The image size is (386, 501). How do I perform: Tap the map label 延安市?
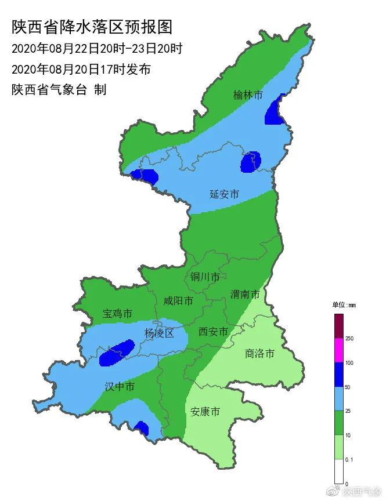click(x=224, y=194)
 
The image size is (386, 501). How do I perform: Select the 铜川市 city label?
click(x=205, y=277)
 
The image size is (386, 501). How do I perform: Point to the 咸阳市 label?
click(x=178, y=301)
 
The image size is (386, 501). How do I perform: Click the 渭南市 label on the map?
click(x=245, y=294)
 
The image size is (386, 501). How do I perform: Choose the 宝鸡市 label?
click(x=117, y=314)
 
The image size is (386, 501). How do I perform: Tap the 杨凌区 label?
click(x=159, y=333)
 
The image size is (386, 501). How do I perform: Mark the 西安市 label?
click(x=212, y=332)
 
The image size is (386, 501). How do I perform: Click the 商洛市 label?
click(x=259, y=353)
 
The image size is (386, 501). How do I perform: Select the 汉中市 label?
click(x=120, y=386)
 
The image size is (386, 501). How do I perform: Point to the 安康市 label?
click(x=205, y=412)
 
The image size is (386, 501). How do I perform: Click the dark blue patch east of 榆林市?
click(x=275, y=111)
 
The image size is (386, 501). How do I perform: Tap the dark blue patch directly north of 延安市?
click(x=251, y=162)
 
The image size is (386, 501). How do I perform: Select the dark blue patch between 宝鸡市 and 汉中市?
click(x=117, y=353)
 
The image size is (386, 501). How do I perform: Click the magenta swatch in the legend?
click(x=339, y=350)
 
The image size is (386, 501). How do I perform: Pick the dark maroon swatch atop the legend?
click(x=339, y=325)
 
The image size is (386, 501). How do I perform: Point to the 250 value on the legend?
click(x=349, y=338)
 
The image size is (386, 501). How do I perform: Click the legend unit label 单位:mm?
click(x=344, y=304)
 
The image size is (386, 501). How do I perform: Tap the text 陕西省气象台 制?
click(x=59, y=90)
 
